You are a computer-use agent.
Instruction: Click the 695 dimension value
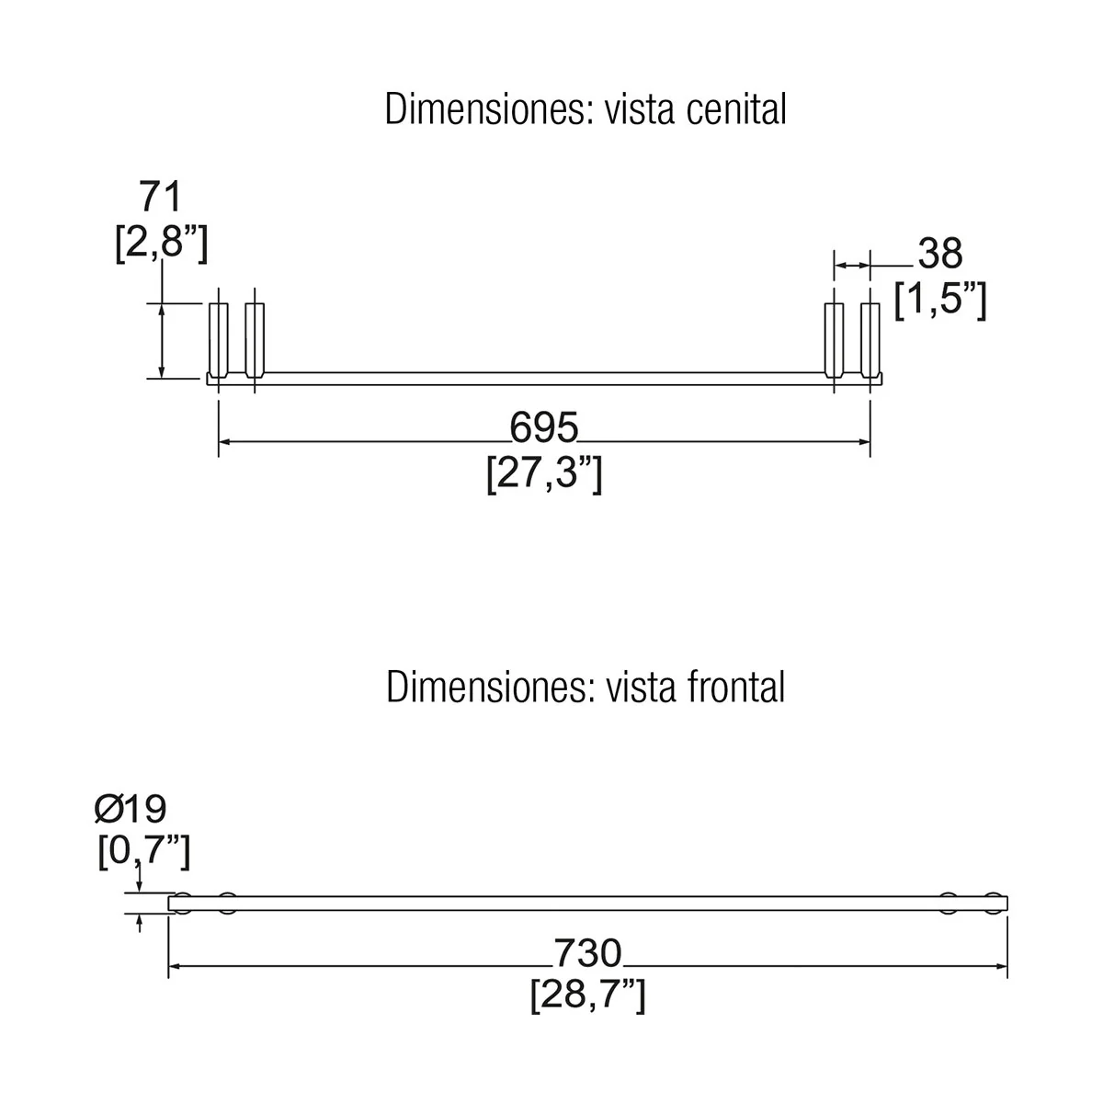click(544, 427)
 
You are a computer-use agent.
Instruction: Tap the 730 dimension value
click(587, 953)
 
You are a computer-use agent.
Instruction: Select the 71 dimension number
click(160, 197)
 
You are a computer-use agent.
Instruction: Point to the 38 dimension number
click(940, 253)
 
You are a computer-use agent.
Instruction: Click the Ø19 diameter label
click(131, 810)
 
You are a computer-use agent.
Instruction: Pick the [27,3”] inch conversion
click(544, 474)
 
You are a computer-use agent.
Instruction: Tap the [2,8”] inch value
click(162, 244)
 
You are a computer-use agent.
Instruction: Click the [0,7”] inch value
click(144, 852)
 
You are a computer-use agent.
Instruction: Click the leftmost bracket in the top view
click(219, 340)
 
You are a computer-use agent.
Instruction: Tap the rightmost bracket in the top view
click(870, 340)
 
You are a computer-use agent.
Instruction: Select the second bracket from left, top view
click(255, 340)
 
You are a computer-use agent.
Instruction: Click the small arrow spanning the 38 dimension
click(852, 266)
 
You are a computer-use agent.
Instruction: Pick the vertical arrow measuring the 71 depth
click(162, 341)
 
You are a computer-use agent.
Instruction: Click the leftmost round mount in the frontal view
click(183, 904)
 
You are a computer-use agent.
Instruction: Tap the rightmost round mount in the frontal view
click(994, 904)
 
